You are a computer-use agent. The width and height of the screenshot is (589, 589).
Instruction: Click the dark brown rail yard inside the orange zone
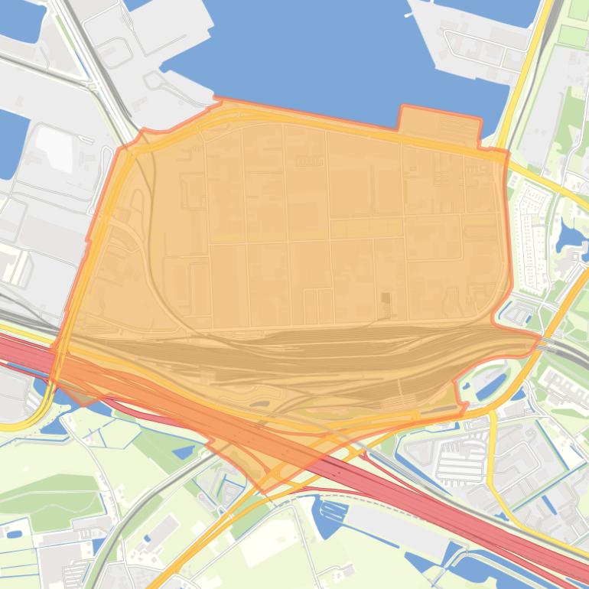tap(306, 360)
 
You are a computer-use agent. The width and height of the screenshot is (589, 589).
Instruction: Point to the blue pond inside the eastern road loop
tap(490, 386)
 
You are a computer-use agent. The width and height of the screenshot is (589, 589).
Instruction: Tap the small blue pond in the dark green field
tap(183, 451)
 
